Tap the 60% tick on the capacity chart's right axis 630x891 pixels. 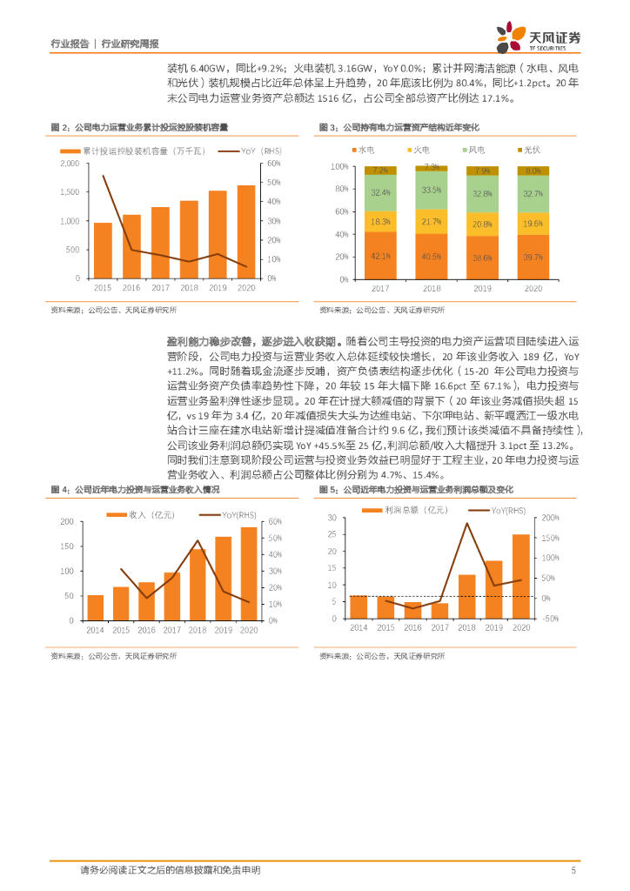click(271, 164)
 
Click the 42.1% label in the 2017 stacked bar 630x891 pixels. click(380, 256)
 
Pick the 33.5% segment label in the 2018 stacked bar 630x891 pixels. click(431, 190)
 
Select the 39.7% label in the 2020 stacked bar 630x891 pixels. click(533, 257)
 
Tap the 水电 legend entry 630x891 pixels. click(361, 151)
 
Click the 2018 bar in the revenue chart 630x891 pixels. click(198, 585)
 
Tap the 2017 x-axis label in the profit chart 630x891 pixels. click(440, 628)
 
